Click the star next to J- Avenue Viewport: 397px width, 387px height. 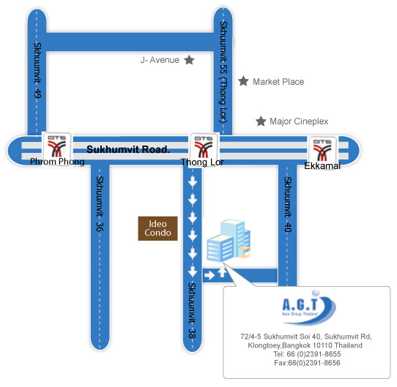click(189, 60)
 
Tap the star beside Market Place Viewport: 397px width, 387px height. click(243, 81)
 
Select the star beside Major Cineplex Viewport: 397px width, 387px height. click(261, 121)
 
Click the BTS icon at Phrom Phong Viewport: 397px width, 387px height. click(57, 146)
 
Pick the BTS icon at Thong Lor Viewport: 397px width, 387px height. click(204, 147)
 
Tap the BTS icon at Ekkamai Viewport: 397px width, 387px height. click(322, 149)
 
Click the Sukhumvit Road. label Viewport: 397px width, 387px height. click(128, 149)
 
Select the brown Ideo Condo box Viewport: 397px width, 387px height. click(157, 228)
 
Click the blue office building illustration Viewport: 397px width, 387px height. click(229, 240)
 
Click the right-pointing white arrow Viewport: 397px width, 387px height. click(209, 275)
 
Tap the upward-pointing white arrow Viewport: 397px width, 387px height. click(222, 272)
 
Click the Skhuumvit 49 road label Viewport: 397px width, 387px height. click(37, 70)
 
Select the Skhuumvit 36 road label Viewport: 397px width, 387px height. click(100, 203)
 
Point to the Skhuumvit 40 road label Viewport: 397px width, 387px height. click(288, 204)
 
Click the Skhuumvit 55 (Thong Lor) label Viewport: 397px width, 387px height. click(223, 72)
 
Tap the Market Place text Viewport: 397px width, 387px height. click(278, 82)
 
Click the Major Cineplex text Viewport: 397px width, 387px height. click(299, 121)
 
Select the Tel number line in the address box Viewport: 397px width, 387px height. click(307, 354)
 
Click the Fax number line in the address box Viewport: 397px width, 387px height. click(307, 363)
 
